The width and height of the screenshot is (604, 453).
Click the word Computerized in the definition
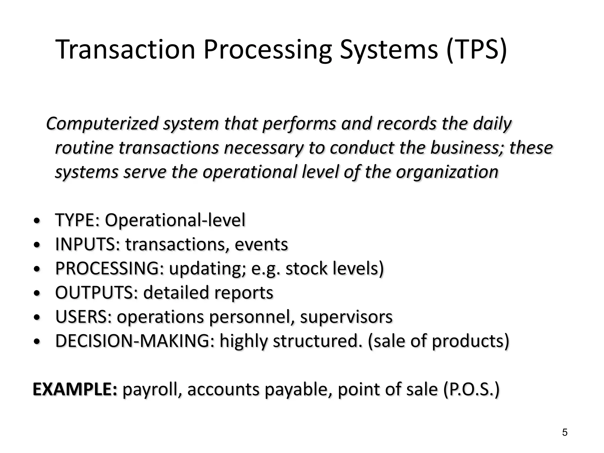pyautogui.click(x=102, y=124)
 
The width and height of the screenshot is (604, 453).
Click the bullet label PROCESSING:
pyautogui.click(x=109, y=268)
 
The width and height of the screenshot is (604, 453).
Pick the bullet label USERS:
pyautogui.click(x=83, y=317)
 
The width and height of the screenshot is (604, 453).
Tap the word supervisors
pyautogui.click(x=346, y=317)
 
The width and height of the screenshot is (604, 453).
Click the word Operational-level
pyautogui.click(x=175, y=220)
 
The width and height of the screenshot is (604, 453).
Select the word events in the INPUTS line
pyautogui.click(x=261, y=244)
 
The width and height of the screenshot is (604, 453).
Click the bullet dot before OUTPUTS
pyautogui.click(x=37, y=294)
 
